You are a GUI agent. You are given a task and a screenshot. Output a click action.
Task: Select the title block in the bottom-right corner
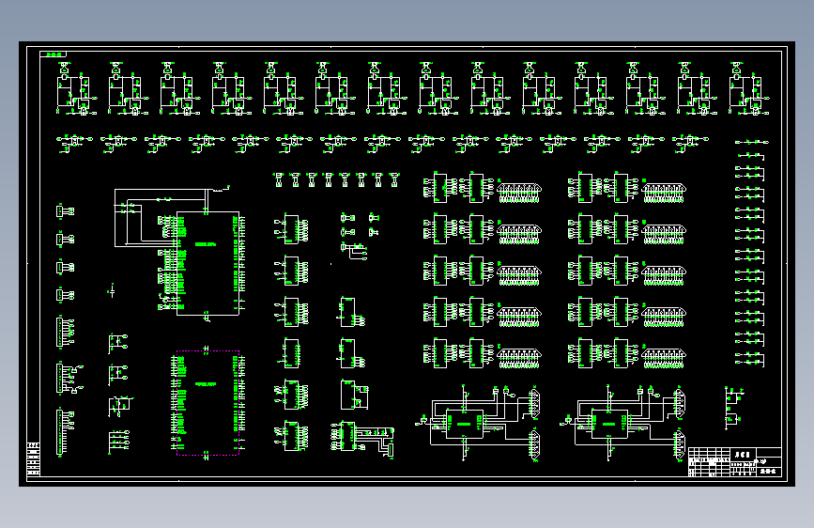(734, 461)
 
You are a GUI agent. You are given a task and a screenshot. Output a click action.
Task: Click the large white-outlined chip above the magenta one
(207, 262)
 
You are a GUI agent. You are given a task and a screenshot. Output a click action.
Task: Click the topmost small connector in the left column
(65, 211)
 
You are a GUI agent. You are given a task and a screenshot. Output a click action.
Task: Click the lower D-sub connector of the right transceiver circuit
(678, 444)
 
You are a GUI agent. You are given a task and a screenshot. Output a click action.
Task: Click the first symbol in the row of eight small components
(279, 178)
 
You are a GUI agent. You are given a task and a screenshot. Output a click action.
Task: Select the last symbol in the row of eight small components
(394, 178)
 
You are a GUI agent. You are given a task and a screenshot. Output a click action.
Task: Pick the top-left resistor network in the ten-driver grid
(519, 193)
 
